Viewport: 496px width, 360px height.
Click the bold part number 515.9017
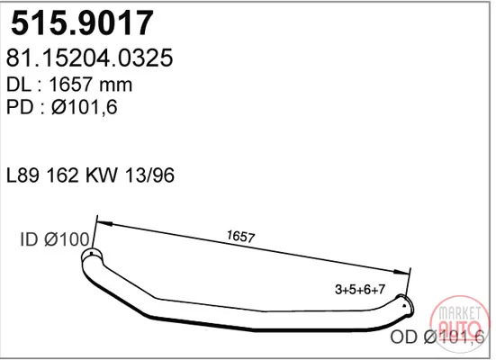tap(82, 22)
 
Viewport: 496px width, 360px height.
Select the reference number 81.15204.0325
tap(89, 58)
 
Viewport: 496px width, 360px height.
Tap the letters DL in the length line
tap(19, 85)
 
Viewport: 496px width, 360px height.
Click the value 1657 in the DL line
tap(70, 85)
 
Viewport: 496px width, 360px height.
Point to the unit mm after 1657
tap(115, 86)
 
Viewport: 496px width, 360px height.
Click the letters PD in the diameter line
tap(20, 106)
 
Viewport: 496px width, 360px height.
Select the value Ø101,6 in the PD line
tap(84, 107)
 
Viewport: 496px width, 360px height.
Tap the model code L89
tap(23, 175)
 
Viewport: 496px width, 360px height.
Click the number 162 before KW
tap(62, 175)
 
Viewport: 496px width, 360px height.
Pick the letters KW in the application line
tap(102, 175)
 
